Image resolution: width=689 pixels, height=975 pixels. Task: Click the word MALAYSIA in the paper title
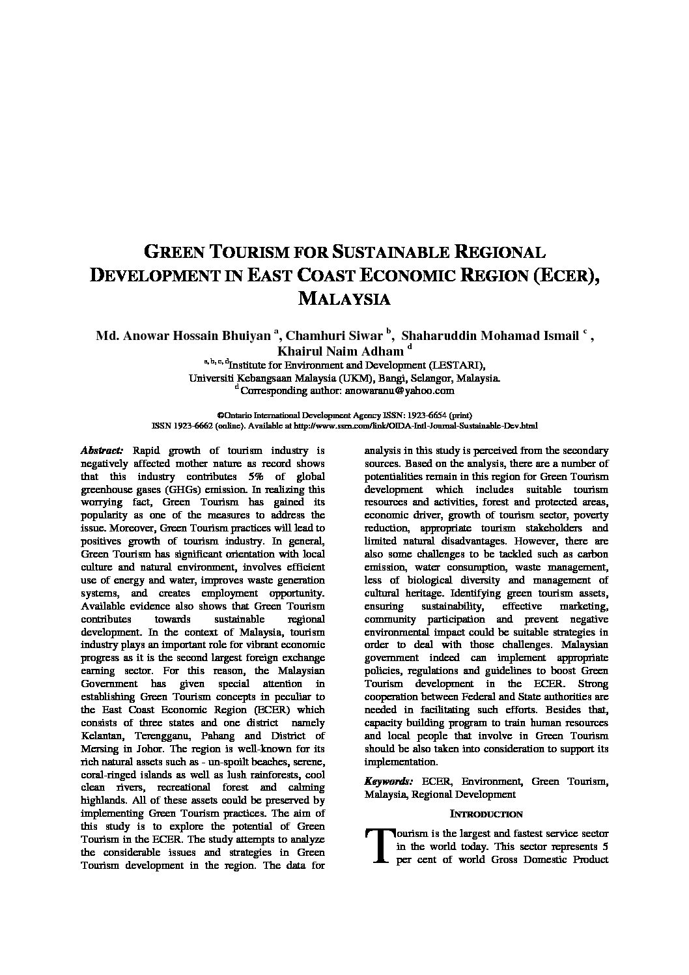coord(344,299)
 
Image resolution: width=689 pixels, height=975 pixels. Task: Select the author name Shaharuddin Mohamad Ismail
coord(490,336)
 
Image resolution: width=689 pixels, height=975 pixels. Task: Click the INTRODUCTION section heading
coord(486,814)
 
